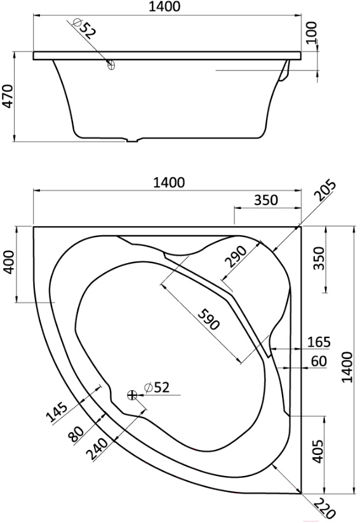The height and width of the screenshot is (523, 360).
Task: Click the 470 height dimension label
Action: click(8, 97)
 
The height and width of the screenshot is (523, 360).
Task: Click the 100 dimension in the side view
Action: click(312, 32)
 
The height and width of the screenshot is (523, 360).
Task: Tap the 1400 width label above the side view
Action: click(164, 6)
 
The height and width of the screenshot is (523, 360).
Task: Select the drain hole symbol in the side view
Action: click(111, 65)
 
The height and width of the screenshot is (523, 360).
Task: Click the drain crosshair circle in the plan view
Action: click(132, 395)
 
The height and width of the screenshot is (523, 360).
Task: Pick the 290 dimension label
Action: click(236, 257)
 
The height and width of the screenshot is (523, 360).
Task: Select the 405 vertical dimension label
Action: click(319, 451)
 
